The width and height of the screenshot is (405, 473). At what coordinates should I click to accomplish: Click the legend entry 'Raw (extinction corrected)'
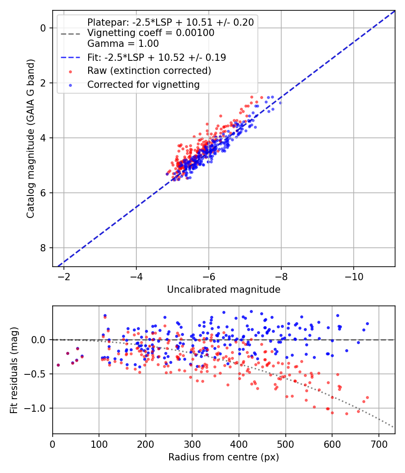click(x=149, y=71)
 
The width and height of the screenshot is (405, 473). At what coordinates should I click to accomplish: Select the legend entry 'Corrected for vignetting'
click(x=143, y=84)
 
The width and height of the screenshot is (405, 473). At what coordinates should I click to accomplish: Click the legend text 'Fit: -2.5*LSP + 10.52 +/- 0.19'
click(x=157, y=57)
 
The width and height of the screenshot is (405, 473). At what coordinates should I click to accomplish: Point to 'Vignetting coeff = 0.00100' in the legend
click(x=151, y=33)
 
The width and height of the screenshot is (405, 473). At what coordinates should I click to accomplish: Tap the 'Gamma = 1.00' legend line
click(x=123, y=44)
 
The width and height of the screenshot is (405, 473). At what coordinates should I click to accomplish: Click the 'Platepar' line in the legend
click(x=170, y=22)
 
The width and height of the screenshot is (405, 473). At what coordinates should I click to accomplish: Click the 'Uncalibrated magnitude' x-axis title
click(x=224, y=290)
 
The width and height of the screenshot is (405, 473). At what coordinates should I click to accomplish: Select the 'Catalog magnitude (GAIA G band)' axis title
click(x=31, y=138)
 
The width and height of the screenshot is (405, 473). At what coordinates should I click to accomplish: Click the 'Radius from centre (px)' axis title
click(x=224, y=457)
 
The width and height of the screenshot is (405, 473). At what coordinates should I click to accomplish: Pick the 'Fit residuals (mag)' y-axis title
click(x=14, y=370)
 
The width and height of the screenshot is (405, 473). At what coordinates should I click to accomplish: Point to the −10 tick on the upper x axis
click(x=353, y=276)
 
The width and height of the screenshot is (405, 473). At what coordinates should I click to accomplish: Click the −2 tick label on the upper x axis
click(x=64, y=276)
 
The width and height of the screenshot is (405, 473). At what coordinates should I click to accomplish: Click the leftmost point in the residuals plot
click(x=58, y=365)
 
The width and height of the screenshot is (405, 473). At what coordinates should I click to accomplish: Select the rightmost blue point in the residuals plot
click(x=367, y=323)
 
